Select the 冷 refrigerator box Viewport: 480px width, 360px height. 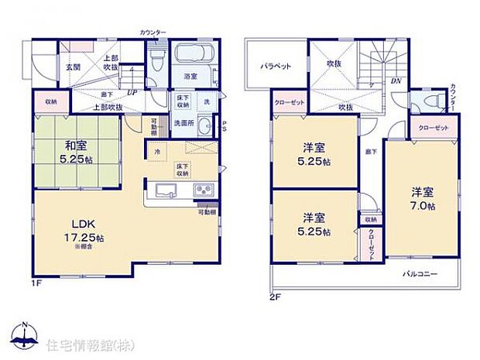157,151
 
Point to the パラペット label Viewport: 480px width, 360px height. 276,67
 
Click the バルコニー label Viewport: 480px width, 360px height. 420,274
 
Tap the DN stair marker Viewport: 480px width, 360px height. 396,81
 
